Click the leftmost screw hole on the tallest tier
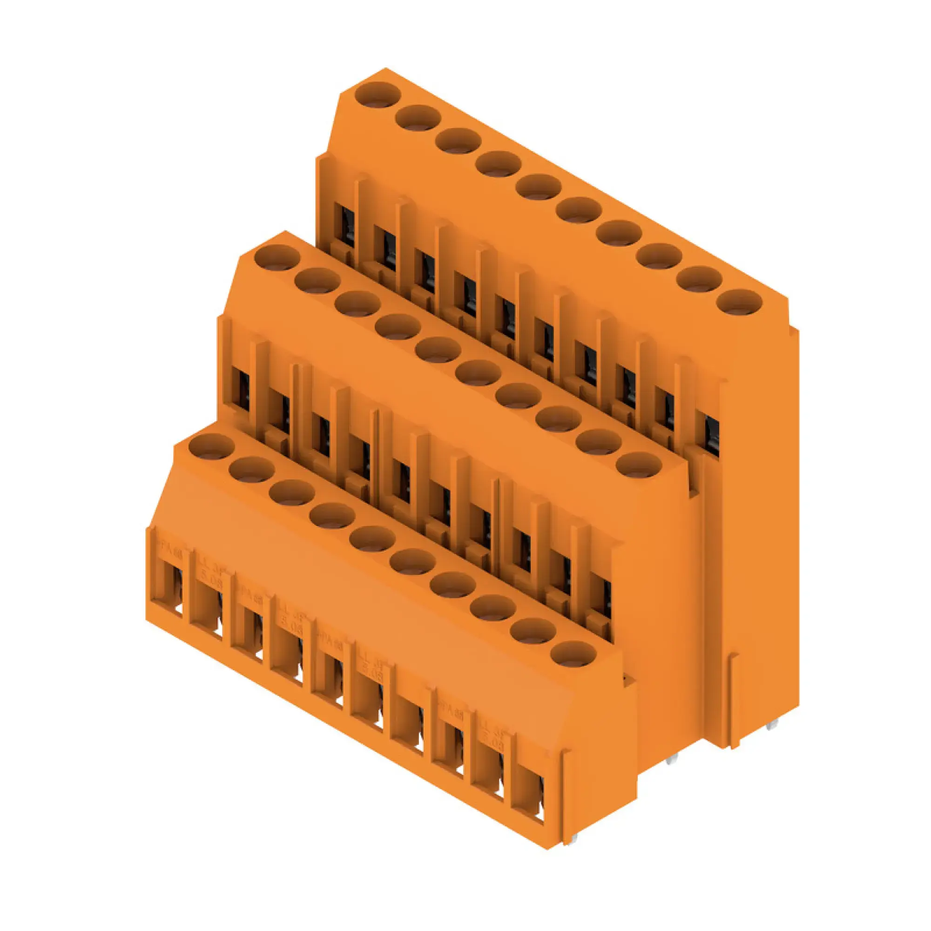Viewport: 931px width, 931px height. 378,94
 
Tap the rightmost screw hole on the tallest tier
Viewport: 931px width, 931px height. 740,303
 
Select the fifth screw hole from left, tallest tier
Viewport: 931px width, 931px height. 538,187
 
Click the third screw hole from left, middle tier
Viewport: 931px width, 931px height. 357,304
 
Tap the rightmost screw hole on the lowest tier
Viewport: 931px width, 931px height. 573,654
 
